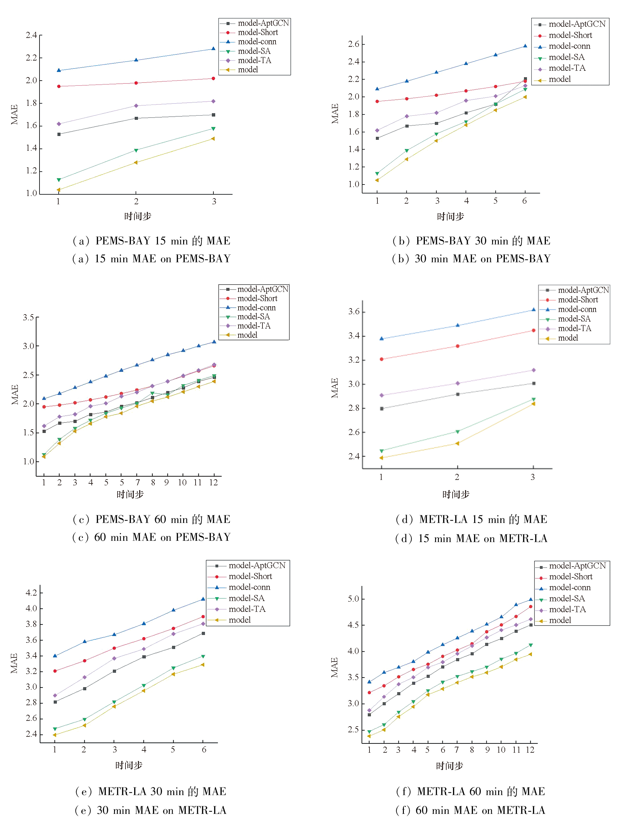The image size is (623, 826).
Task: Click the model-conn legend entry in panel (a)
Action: pos(257,42)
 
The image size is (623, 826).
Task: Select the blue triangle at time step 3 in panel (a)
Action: pos(213,48)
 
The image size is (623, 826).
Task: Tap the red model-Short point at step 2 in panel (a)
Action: pos(136,83)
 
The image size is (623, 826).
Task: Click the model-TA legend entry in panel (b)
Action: pos(567,68)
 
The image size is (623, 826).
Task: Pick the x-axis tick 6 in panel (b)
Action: pos(525,201)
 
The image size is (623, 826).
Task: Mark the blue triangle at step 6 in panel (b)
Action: pos(525,46)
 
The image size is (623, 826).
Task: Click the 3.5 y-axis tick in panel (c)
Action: pos(28,317)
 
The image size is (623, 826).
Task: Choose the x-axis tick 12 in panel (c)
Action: pos(213,482)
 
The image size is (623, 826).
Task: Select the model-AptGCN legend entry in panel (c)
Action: pos(262,289)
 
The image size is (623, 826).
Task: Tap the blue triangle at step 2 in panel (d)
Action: pos(458,325)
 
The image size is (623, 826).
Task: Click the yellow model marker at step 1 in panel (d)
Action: pos(381,458)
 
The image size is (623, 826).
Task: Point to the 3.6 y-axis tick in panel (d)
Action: pos(354,311)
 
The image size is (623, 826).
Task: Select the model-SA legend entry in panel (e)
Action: pos(246,598)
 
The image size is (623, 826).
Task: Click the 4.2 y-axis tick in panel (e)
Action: pos(31,593)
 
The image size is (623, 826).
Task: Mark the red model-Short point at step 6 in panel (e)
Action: pos(203,617)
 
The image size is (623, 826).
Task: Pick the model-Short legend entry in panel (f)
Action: pos(570,576)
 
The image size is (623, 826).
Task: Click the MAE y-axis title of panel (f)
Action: pos(334,667)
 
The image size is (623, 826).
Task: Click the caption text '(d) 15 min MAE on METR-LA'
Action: pos(471,538)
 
